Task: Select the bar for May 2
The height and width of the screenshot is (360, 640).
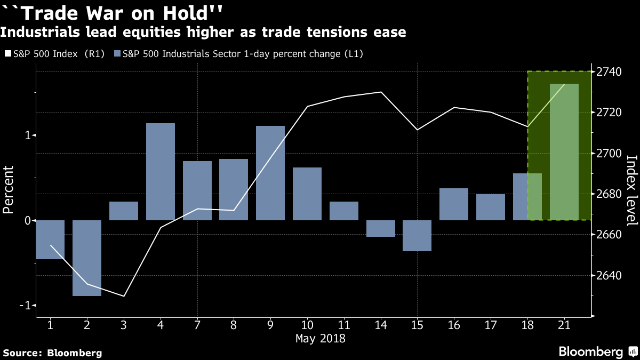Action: coord(87,258)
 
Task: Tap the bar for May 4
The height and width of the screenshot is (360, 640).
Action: coord(161,172)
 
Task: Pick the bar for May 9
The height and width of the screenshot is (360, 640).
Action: coord(270,173)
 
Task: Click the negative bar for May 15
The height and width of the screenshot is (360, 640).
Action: coord(417,236)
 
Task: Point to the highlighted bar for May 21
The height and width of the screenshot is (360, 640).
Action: coord(564,152)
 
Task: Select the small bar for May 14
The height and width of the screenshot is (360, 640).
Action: coord(381,228)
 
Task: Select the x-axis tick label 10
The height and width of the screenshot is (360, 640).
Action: coord(307,325)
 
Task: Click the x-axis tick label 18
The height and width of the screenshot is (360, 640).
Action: coord(527,325)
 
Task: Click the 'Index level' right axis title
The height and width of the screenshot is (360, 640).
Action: coord(631,190)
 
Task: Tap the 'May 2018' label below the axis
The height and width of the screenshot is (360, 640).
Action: coord(321,339)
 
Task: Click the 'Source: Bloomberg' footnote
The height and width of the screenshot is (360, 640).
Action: coord(52,353)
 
